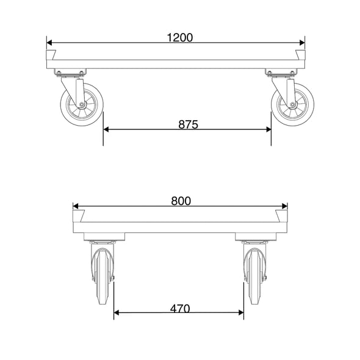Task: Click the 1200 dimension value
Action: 179,37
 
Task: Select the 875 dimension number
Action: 188,124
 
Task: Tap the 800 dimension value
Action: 181,201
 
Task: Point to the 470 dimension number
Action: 179,308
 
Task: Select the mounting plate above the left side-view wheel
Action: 69,74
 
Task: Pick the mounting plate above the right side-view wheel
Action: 279,74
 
